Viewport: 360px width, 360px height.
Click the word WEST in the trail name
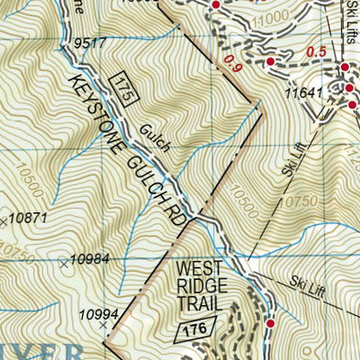point(200,267)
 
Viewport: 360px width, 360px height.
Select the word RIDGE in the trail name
point(200,286)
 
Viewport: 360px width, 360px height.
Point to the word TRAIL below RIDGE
point(200,305)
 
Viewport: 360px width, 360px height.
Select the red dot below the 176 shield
point(270,323)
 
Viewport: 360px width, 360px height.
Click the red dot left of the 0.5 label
point(271,61)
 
